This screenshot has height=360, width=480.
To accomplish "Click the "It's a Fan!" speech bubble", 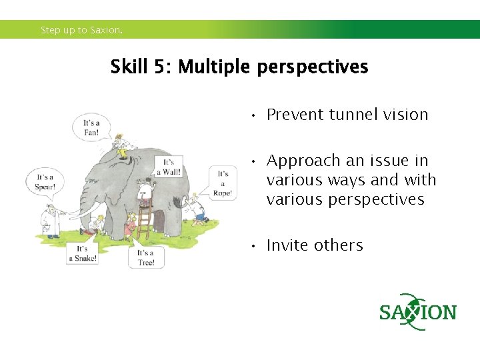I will [x=91, y=127].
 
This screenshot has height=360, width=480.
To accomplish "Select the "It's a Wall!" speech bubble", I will [x=168, y=167].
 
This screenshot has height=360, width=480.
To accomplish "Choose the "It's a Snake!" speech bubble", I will [x=82, y=253].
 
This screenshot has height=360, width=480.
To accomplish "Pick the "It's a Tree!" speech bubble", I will [x=146, y=257].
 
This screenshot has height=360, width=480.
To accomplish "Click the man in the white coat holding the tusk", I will [x=49, y=219].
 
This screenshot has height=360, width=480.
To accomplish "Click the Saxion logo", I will [x=417, y=312].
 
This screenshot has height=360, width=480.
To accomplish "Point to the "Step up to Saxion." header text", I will [x=81, y=30].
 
